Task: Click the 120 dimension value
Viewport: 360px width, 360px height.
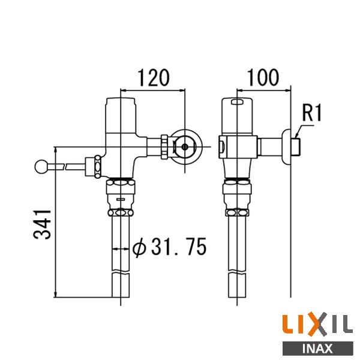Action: tap(154, 77)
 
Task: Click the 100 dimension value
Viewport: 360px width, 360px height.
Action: tap(263, 77)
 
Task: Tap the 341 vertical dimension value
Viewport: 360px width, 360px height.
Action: tap(43, 224)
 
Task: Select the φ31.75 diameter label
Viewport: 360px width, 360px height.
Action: tap(169, 247)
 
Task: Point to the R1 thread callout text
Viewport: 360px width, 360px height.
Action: tap(312, 113)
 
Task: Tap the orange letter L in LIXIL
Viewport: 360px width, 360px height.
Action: tap(289, 324)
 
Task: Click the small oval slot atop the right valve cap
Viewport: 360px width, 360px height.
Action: tap(238, 102)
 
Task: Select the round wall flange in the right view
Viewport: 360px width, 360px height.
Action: tap(286, 147)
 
